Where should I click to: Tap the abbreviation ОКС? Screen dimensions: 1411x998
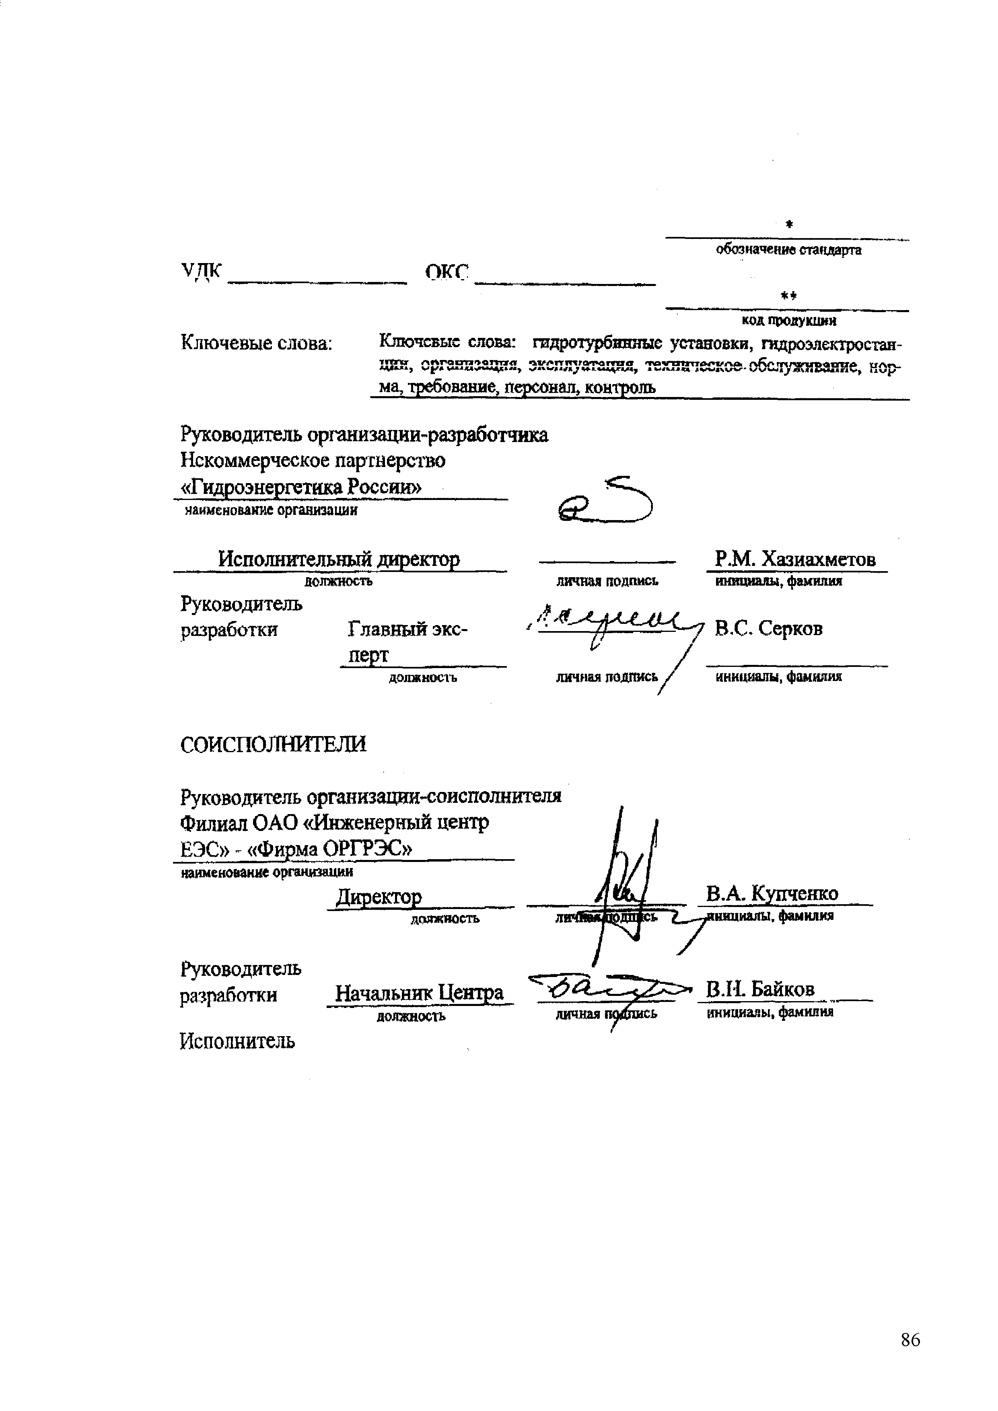pyautogui.click(x=447, y=272)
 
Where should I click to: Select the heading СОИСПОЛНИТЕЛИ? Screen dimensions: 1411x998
pyautogui.click(x=274, y=744)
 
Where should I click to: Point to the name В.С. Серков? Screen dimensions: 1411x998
pyautogui.click(x=768, y=628)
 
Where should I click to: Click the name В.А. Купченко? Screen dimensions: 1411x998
pyautogui.click(x=772, y=893)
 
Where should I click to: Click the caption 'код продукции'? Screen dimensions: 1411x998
pyautogui.click(x=788, y=320)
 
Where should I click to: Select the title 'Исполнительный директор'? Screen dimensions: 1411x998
pyautogui.click(x=339, y=559)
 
